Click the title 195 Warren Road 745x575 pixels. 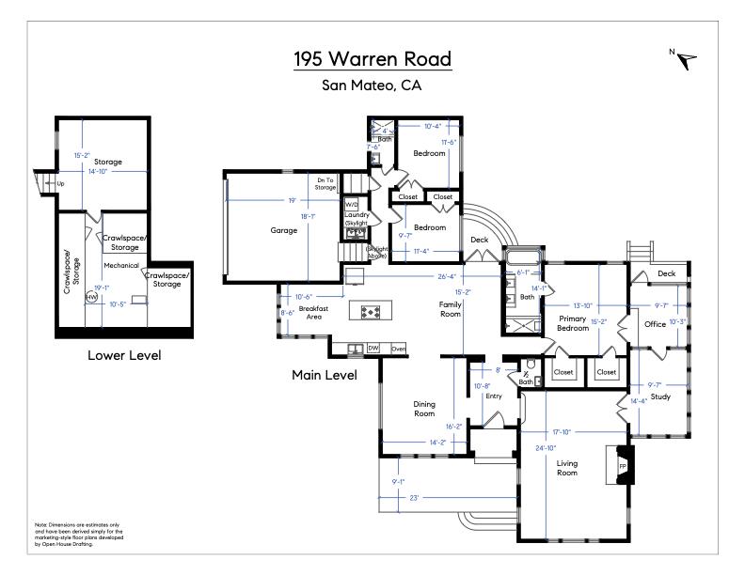pos(372,59)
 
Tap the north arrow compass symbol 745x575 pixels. pos(688,59)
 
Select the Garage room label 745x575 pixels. pos(283,230)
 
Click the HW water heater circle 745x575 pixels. pos(91,297)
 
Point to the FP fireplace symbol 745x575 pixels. pos(623,465)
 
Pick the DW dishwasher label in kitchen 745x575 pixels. pos(373,348)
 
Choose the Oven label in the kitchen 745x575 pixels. pos(398,348)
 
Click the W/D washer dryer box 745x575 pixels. pos(352,204)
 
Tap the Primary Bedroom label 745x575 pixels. pos(573,323)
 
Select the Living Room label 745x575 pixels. pos(567,467)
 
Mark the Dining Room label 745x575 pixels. pos(424,409)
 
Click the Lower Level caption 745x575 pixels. pos(124,355)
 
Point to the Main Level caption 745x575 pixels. pos(325,375)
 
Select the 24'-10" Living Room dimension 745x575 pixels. pos(544,447)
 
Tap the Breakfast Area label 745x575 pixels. pos(313,313)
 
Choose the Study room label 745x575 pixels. pos(660,396)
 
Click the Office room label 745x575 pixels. pos(655,324)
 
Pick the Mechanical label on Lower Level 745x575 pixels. pos(121,266)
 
